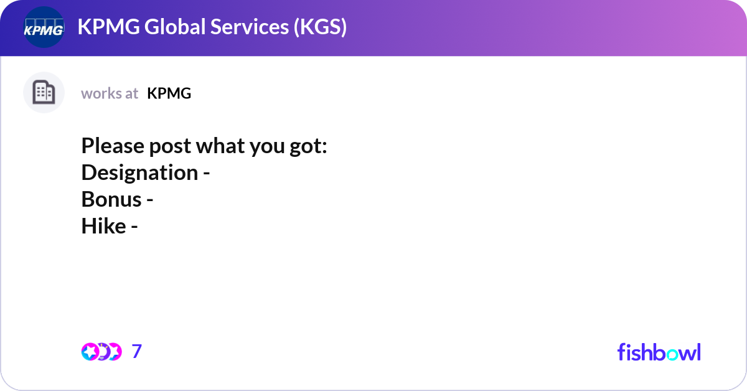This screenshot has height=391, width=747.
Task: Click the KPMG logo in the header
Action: coord(44,28)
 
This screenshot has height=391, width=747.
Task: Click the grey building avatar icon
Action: coord(44,93)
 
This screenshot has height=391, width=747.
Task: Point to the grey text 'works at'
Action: coord(110,93)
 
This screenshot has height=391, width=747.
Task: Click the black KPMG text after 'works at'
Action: coord(169,93)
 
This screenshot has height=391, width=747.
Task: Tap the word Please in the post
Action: coord(113,146)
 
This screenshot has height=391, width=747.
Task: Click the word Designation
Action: coord(139,172)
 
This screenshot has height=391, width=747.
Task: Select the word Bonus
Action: coord(111,199)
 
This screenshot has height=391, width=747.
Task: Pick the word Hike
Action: coord(103,226)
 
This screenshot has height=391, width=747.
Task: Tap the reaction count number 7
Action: coord(137,352)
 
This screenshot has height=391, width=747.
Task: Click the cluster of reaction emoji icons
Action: coord(101,352)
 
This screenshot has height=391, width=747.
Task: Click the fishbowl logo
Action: coord(659,352)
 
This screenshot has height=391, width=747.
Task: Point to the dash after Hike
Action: coord(134,227)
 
